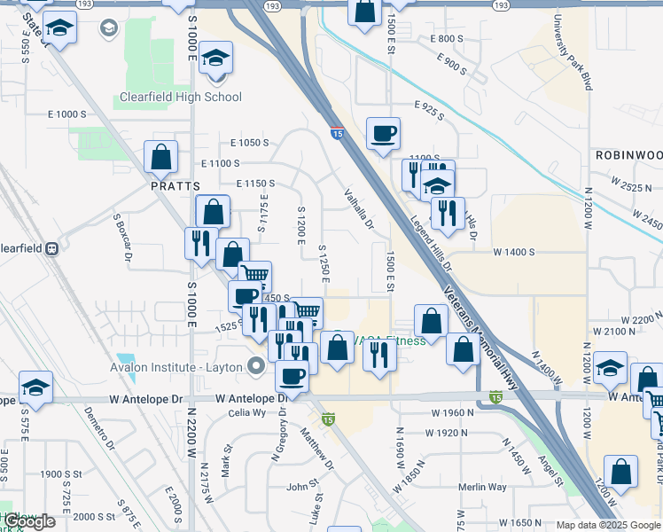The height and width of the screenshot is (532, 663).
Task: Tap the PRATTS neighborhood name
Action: tap(175, 186)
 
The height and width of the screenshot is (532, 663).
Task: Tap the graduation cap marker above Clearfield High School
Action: tap(215, 59)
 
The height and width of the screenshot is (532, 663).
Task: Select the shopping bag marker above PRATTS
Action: tap(161, 157)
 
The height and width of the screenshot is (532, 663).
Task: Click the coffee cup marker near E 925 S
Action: tap(383, 133)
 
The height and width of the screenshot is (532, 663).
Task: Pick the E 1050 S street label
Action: tap(248, 143)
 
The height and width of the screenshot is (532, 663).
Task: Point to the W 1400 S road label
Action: tap(513, 252)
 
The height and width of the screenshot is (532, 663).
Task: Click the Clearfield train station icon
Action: tap(51, 248)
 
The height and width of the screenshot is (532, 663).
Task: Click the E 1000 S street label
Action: tap(67, 114)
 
